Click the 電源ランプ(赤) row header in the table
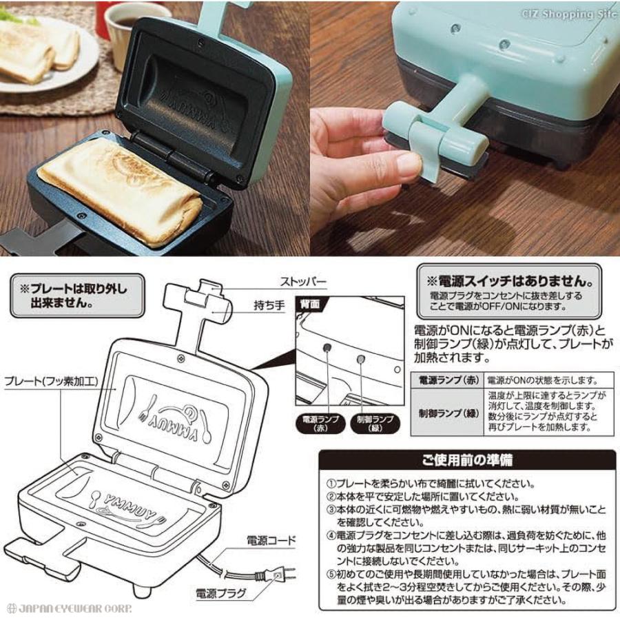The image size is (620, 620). point(446,380)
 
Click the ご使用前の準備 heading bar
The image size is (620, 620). point(468,459)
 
